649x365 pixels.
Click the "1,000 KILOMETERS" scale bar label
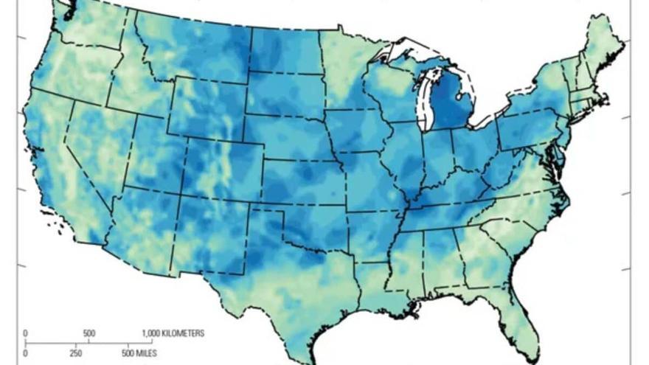tap(173, 333)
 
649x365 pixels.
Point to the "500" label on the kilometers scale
tap(89, 333)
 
